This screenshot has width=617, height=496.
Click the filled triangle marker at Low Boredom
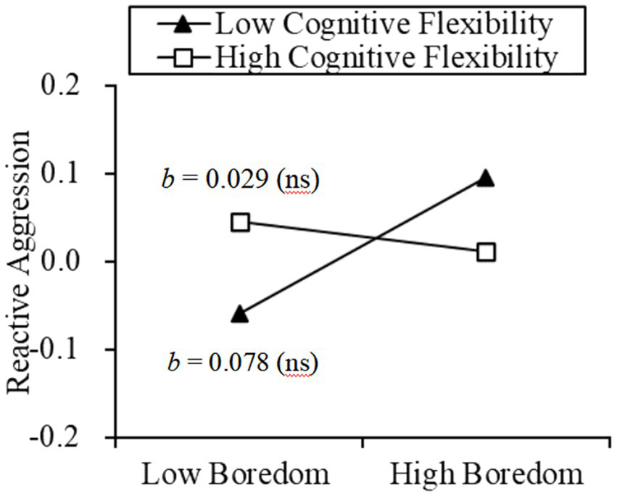pyautogui.click(x=240, y=314)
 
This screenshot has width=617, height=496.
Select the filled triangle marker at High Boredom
pyautogui.click(x=486, y=178)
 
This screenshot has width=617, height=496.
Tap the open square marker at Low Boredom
pyautogui.click(x=240, y=222)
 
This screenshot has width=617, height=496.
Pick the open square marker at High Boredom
pyautogui.click(x=486, y=252)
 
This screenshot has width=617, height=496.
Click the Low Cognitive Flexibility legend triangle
pyautogui.click(x=184, y=25)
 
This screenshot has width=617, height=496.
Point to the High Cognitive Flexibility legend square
pyautogui.click(x=184, y=57)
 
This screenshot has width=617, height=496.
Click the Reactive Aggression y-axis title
pyautogui.click(x=20, y=262)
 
